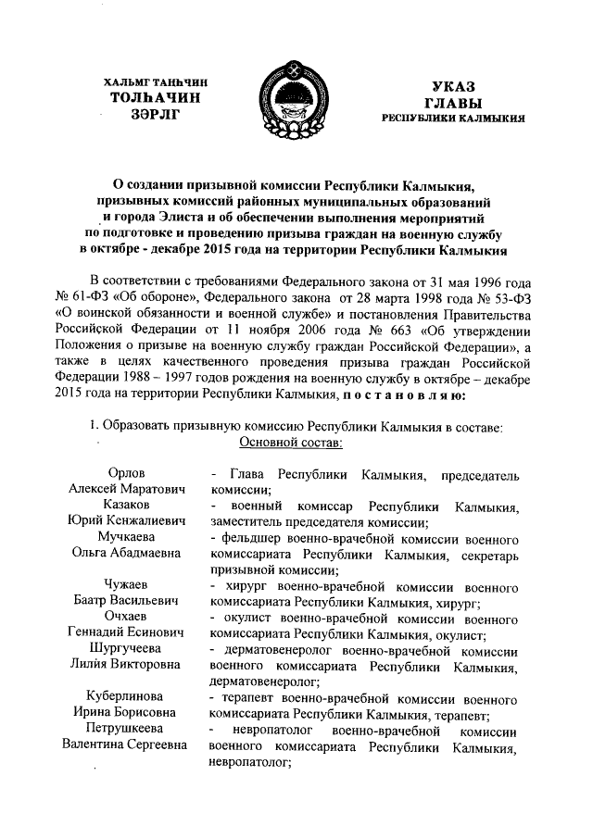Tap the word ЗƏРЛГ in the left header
pos(154,113)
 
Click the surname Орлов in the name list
pos(130,474)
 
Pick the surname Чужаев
pos(130,585)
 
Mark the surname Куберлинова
pos(130,696)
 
